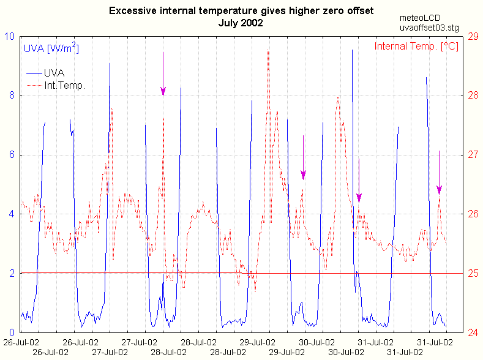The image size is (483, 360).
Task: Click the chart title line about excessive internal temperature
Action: point(241,11)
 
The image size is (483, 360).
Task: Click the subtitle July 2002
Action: point(241,23)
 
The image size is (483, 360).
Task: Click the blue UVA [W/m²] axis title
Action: point(51,47)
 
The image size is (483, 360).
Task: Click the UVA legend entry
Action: point(59,73)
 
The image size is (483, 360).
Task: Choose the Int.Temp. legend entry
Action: point(64,86)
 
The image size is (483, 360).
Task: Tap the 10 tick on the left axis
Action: point(10,36)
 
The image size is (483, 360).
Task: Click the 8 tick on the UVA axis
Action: point(13,96)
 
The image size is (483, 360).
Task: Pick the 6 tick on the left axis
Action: point(13,155)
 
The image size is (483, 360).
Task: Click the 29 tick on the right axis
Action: point(473,36)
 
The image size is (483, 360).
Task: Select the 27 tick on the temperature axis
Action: point(473,155)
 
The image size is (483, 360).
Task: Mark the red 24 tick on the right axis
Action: point(473,332)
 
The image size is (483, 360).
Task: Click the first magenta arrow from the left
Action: point(163,77)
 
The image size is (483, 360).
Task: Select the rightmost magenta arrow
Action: point(439,174)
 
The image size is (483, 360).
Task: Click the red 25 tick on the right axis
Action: point(473,273)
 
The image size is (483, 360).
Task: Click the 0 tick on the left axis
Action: point(13,332)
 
